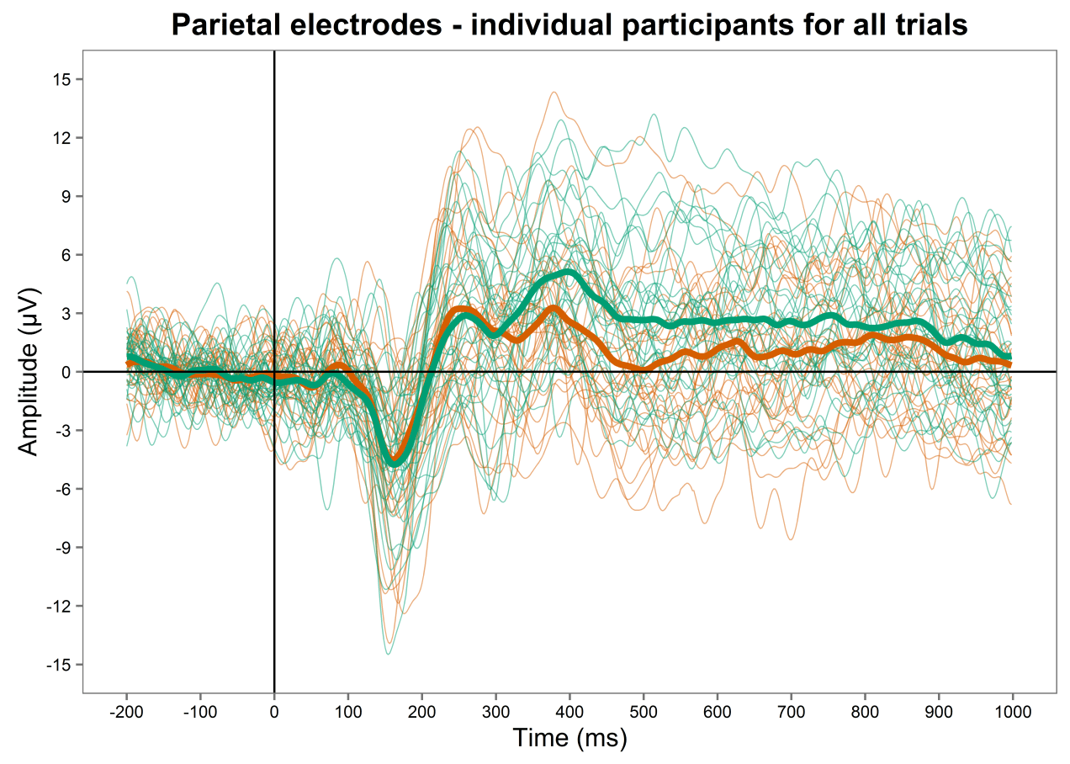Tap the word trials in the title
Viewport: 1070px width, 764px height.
pos(932,25)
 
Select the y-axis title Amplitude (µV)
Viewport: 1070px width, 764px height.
pos(29,372)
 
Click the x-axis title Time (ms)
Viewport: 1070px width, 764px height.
pos(569,738)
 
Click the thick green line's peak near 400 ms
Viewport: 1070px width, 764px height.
pos(569,273)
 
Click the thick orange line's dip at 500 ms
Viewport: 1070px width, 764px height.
pos(643,368)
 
